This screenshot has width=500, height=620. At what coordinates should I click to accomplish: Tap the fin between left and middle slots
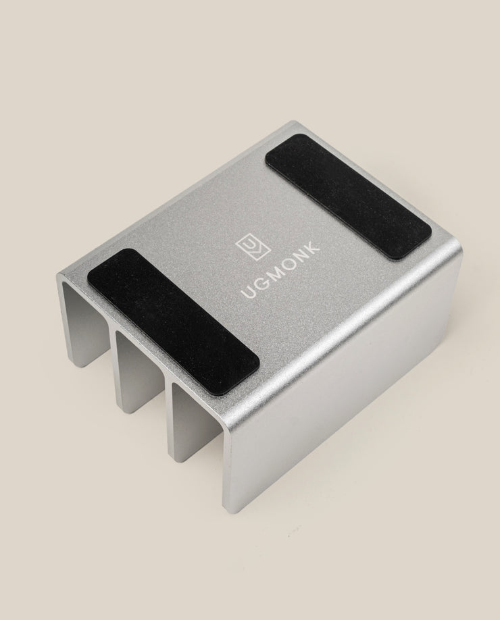116,369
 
